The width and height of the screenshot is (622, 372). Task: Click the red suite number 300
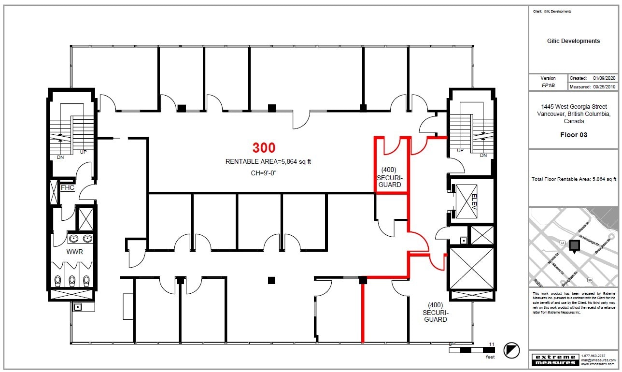coord(264,148)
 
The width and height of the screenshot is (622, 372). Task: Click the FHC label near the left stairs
coord(67,187)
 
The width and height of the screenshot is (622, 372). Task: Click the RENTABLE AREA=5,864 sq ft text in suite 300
coord(271,162)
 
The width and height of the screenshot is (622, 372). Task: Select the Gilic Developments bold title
coord(573,41)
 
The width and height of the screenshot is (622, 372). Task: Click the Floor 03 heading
coord(573,135)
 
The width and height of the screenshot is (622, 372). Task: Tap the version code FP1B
coord(548,86)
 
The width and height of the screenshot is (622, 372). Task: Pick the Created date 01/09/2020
coord(605,78)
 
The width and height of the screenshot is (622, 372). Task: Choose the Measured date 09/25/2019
coord(605,87)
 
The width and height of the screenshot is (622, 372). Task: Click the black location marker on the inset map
coord(574,245)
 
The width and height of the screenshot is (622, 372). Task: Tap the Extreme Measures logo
coord(554,359)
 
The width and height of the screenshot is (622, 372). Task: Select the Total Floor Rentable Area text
coord(573,179)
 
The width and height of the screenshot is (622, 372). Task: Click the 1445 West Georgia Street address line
coord(573,107)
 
